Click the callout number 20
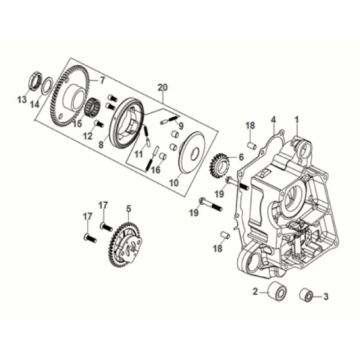[x=162, y=88]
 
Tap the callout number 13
[x=22, y=100]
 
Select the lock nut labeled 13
[x=36, y=79]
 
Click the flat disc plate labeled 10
[x=192, y=153]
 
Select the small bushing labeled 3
[x=306, y=295]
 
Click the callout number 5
[x=129, y=209]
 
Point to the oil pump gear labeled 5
[x=126, y=244]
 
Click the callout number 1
[x=297, y=119]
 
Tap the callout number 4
[x=274, y=119]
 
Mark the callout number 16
[x=156, y=170]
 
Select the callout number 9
[x=181, y=126]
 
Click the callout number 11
[x=139, y=154]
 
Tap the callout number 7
[x=102, y=80]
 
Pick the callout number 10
[x=174, y=182]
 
